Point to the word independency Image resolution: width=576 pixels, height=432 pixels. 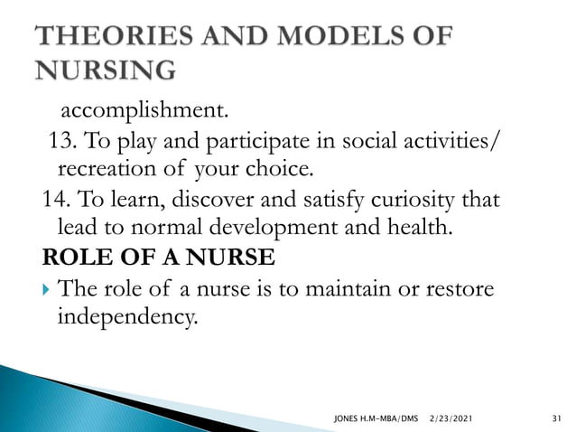(x=125, y=318)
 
